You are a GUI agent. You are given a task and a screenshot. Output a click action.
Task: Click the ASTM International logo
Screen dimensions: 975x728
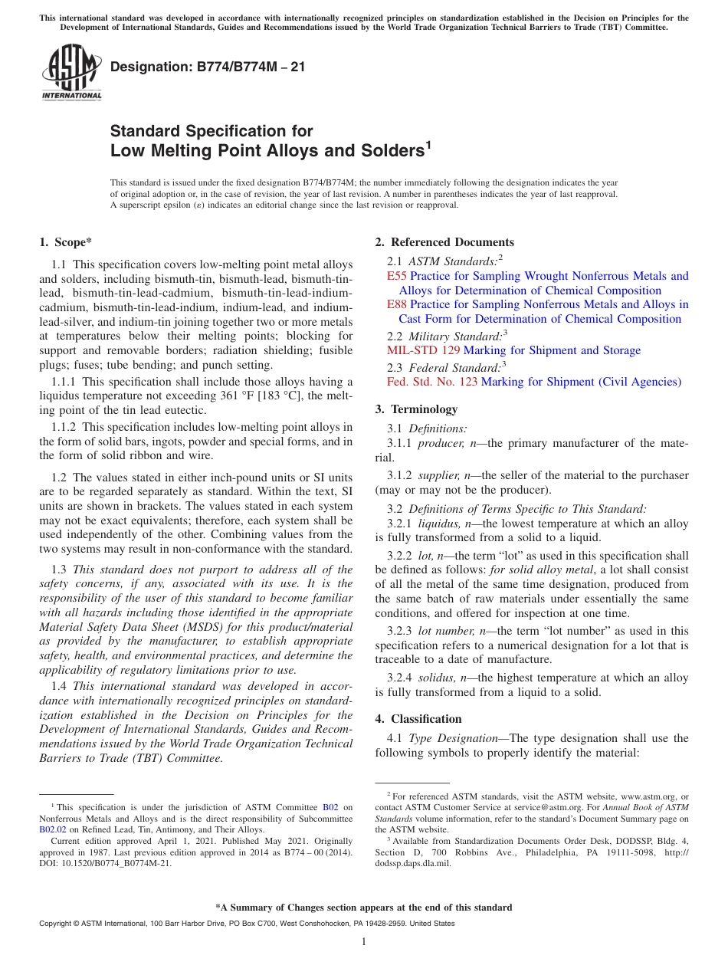(x=71, y=72)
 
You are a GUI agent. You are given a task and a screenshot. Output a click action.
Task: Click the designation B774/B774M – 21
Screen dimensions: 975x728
(x=208, y=67)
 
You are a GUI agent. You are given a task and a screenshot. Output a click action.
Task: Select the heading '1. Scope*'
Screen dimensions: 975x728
(x=65, y=242)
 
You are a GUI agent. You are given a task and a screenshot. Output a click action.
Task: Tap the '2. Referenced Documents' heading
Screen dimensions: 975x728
(x=444, y=242)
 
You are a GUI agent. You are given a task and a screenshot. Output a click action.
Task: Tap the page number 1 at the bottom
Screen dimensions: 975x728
(x=364, y=941)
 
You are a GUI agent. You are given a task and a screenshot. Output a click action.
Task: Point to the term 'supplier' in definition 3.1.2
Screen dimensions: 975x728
(x=438, y=475)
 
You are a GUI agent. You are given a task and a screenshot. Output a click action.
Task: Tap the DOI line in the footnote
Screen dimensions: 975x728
(x=105, y=863)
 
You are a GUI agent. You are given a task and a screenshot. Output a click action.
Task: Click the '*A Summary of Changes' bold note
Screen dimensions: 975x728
(x=363, y=908)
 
